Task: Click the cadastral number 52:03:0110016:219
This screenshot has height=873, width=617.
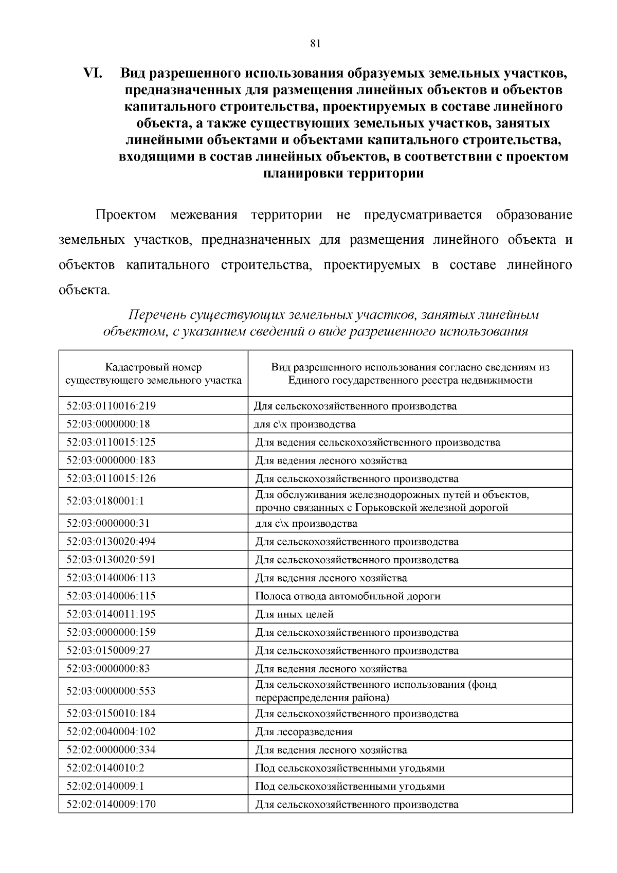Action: point(111,406)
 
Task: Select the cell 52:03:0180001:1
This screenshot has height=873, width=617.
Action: point(105,501)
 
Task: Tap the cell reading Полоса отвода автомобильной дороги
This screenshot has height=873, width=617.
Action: point(348,596)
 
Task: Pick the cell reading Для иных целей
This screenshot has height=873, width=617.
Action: point(295,614)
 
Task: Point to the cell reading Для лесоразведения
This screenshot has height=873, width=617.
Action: point(304,732)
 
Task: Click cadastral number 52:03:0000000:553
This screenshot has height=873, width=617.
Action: point(111,691)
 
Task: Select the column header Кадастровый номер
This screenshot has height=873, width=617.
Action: point(153,367)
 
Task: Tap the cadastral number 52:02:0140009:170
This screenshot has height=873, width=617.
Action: point(111,804)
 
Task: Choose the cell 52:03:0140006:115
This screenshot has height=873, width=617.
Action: point(111,596)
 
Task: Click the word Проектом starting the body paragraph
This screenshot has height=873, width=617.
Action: point(126,215)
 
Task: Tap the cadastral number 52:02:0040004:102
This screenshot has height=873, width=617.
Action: point(111,732)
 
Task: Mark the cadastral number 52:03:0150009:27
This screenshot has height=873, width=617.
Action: point(108,650)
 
